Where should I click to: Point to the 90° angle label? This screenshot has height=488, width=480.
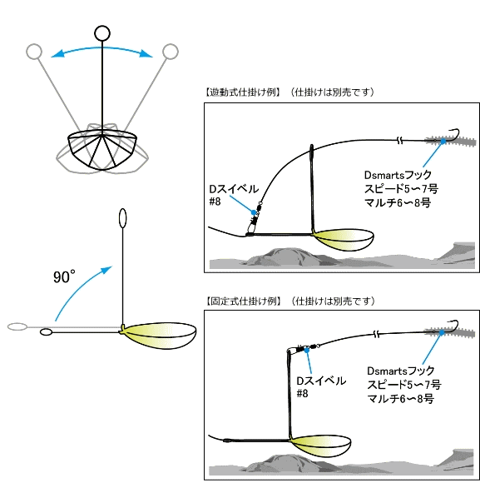click(x=64, y=276)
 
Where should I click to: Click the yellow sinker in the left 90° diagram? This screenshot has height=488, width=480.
click(x=160, y=335)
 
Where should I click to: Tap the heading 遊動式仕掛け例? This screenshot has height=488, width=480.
click(x=243, y=92)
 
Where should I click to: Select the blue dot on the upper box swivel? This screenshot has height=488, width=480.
click(x=254, y=212)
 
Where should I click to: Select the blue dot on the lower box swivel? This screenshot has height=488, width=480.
click(x=307, y=350)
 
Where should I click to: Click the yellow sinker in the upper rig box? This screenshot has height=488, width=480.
click(x=344, y=239)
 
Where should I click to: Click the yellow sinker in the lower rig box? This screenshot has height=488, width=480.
click(x=321, y=445)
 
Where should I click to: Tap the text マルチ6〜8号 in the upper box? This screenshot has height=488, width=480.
click(x=398, y=203)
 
